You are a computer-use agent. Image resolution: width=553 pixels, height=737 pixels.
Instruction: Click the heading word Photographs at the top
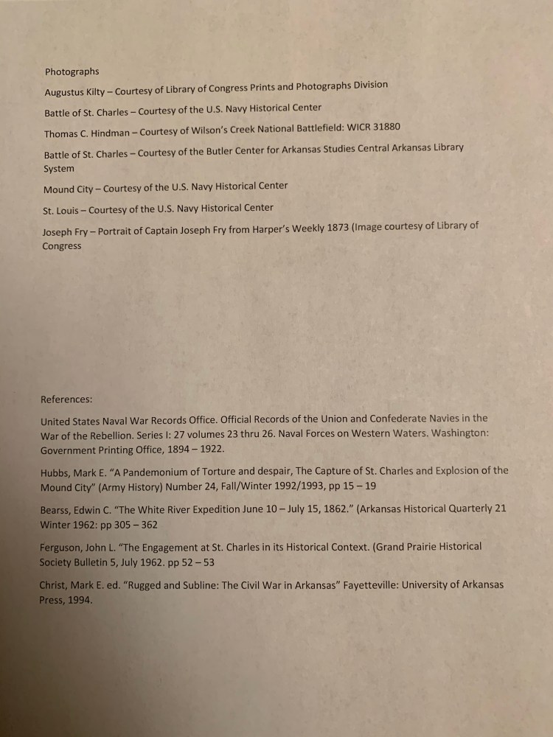pyautogui.click(x=72, y=71)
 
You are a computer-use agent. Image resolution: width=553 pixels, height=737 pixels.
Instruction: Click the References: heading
pyautogui.click(x=66, y=399)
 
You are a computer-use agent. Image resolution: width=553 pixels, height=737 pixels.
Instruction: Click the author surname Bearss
pyautogui.click(x=57, y=510)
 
